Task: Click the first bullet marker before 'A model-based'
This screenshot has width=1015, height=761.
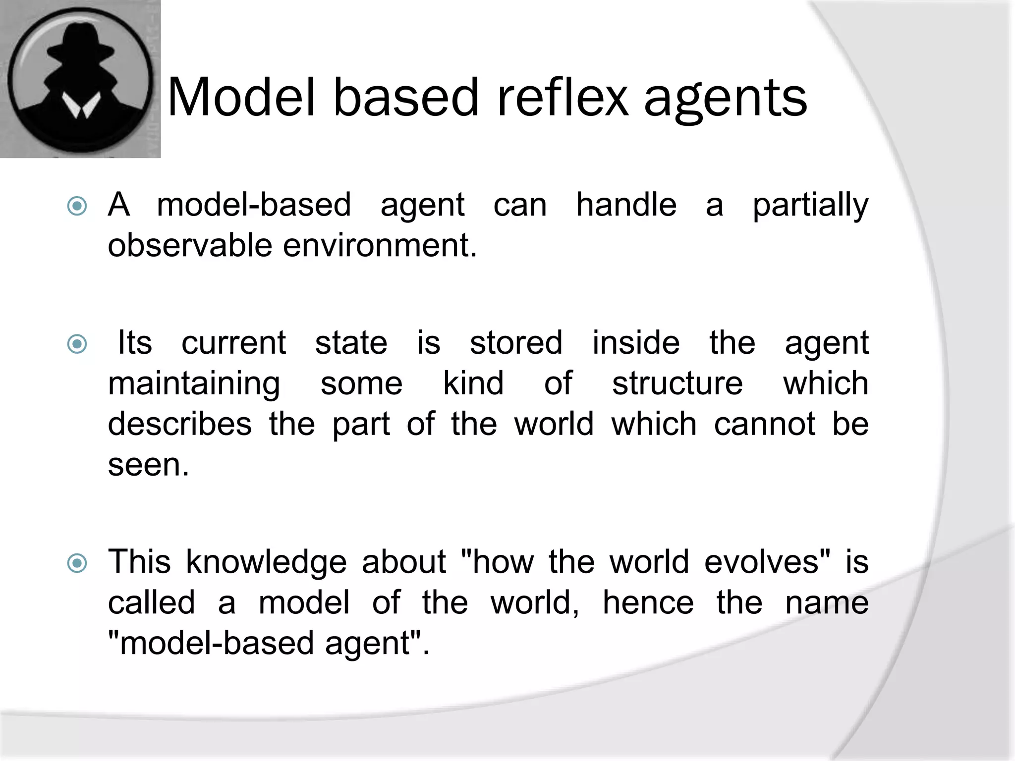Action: point(77,206)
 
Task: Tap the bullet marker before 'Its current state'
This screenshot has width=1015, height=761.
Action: point(77,343)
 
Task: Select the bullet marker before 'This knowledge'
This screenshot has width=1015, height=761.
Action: point(77,563)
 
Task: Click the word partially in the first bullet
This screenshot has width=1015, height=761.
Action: point(810,206)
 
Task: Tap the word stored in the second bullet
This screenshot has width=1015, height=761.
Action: point(516,343)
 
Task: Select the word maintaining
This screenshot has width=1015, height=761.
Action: point(194,384)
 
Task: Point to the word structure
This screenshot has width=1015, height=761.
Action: point(677,383)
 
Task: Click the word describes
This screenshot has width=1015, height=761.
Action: point(180,424)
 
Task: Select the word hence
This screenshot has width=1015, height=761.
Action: point(648,603)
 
